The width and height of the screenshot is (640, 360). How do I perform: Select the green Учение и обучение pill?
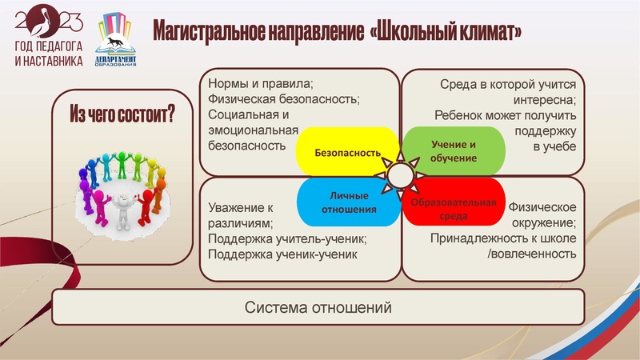pos(454,151)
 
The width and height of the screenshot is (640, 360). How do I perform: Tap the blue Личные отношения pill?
pos(349,202)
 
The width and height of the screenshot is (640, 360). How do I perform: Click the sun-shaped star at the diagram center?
pos(400,177)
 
